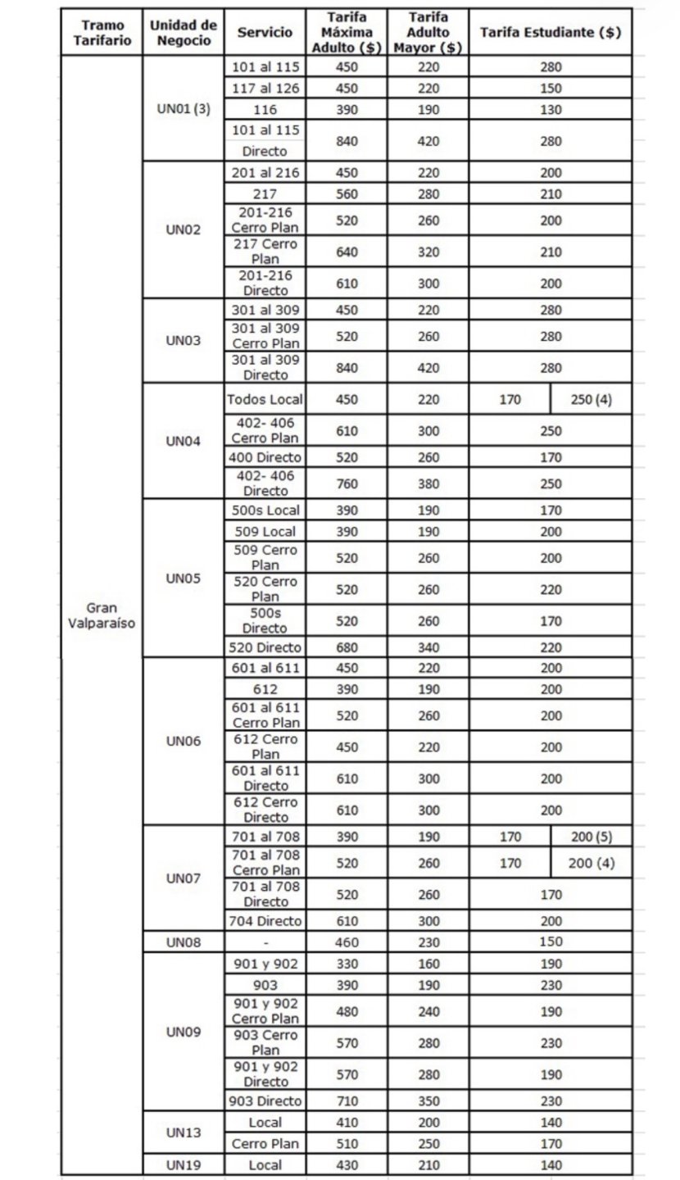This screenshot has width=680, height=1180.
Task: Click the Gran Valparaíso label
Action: (102, 615)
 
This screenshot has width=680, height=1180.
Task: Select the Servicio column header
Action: (265, 33)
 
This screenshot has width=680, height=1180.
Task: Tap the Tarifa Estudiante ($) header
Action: (550, 33)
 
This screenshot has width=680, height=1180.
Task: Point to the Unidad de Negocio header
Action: (184, 33)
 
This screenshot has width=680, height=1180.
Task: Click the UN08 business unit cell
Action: (184, 942)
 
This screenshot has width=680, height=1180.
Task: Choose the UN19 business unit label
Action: (184, 1165)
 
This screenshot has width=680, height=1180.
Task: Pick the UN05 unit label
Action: (184, 578)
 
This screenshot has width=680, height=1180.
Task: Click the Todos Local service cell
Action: (265, 400)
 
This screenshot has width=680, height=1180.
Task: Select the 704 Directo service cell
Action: (265, 921)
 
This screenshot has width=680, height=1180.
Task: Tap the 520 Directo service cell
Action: (265, 647)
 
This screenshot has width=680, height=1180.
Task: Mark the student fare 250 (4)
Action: (591, 400)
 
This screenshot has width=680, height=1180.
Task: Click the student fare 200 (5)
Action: (591, 837)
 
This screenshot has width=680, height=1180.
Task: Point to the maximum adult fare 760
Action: (347, 483)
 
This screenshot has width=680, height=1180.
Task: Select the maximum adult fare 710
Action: (347, 1101)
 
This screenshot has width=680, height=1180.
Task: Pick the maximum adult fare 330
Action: (347, 964)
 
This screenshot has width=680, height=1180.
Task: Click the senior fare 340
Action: (428, 647)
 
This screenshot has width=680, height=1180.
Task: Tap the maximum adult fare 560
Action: (347, 194)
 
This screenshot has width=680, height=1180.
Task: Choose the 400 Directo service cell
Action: (265, 457)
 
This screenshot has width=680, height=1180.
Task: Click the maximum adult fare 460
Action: (347, 942)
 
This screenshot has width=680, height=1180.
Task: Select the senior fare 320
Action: (428, 252)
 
